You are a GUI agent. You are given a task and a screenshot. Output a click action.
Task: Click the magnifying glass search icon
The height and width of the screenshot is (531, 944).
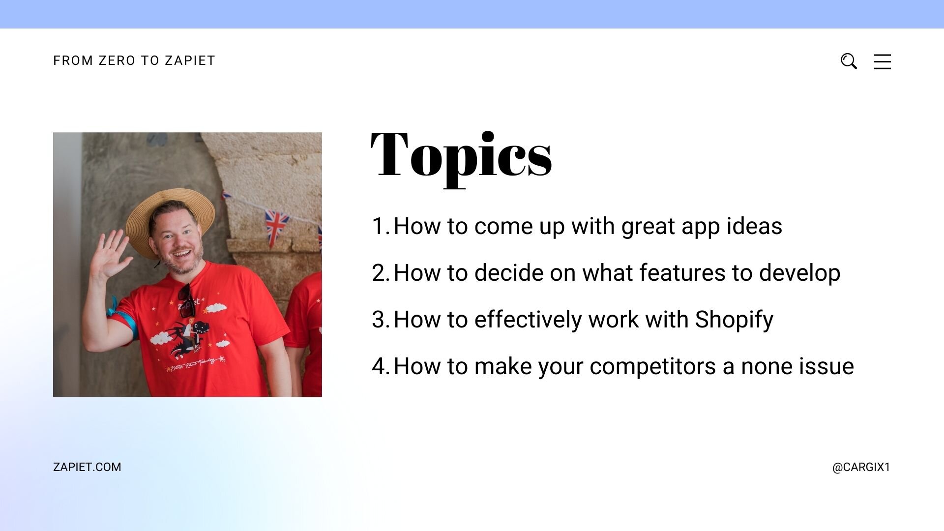(849, 61)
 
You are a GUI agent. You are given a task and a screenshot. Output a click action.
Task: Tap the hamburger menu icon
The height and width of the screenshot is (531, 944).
(882, 61)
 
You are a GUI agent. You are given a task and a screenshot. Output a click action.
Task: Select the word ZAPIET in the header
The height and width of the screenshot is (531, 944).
(190, 60)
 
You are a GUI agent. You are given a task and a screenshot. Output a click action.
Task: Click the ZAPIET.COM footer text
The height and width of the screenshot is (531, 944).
(87, 467)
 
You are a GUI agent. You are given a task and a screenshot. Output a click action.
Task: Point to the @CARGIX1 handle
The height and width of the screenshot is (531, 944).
(861, 467)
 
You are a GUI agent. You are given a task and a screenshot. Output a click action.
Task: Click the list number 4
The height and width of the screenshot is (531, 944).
(380, 366)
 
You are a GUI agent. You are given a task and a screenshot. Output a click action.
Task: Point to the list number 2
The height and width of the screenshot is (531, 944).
(380, 273)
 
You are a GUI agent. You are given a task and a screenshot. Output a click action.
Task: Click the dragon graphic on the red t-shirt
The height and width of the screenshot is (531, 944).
(189, 337)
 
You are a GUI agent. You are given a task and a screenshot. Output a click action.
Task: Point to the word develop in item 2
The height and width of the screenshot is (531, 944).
(799, 273)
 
